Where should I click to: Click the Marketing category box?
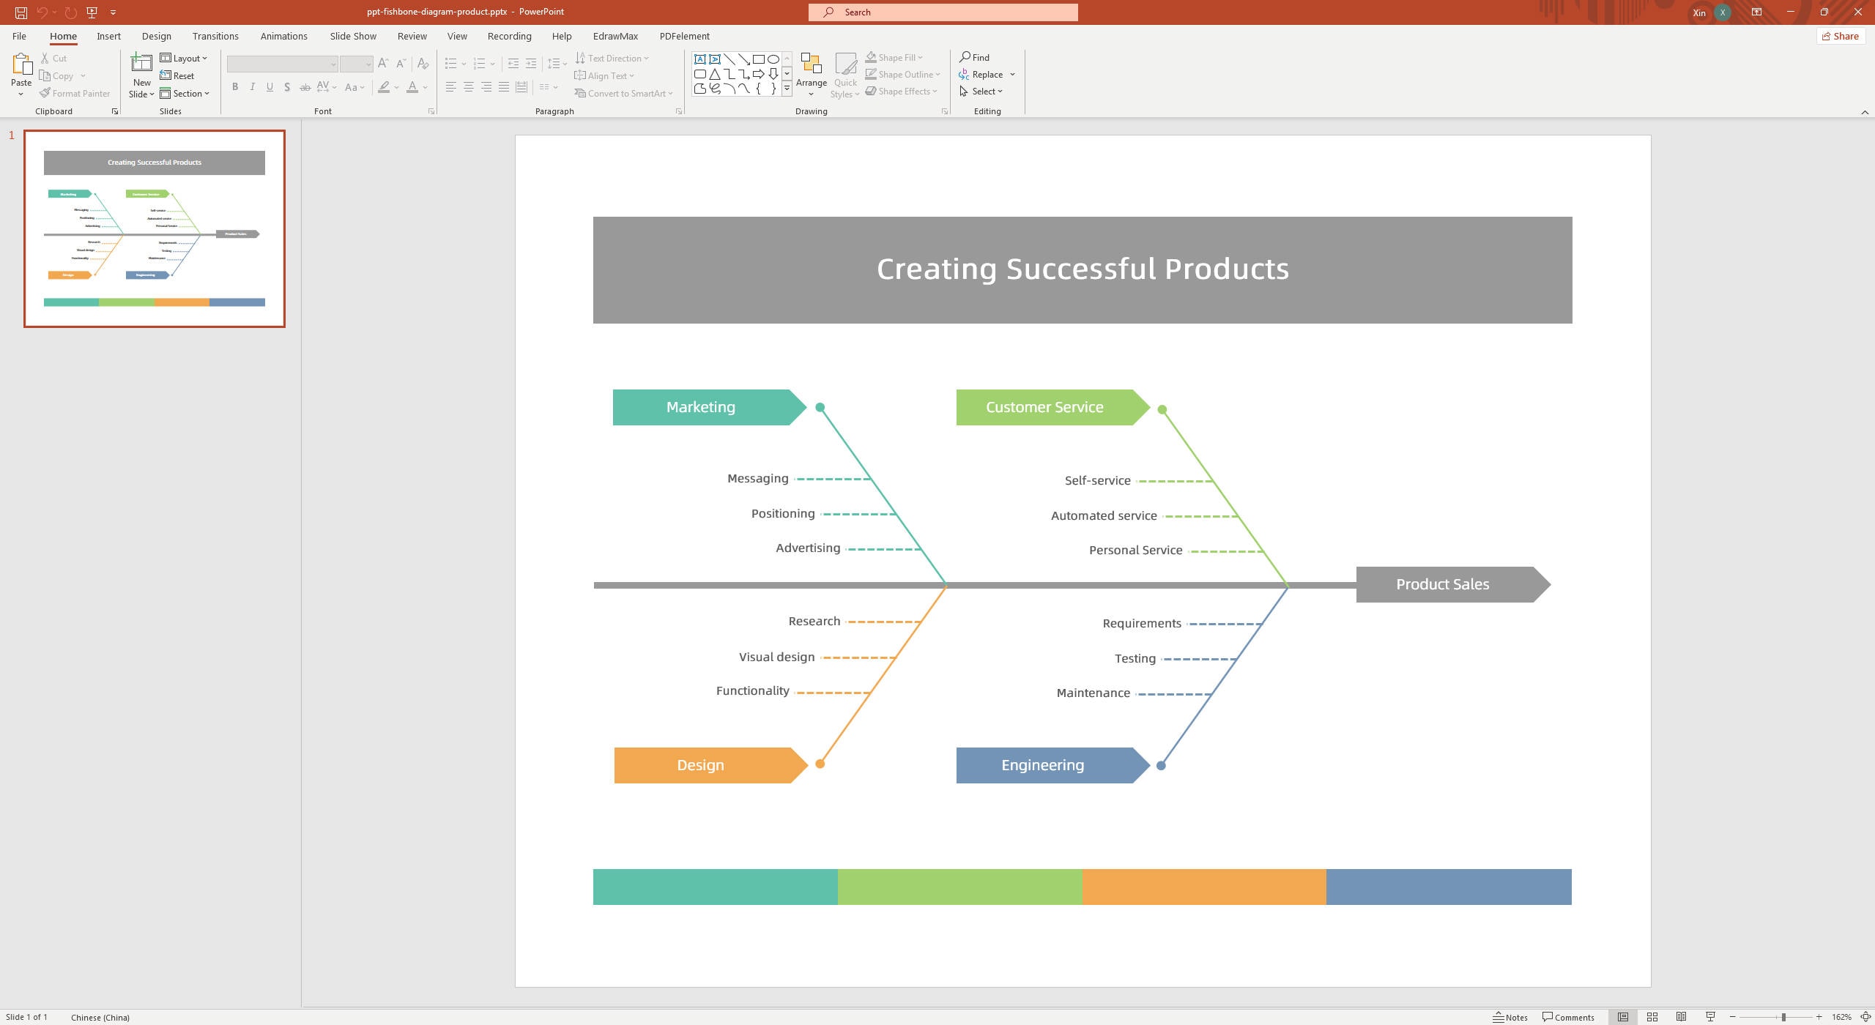(701, 407)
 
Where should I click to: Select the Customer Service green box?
(1044, 407)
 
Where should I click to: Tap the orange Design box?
(701, 765)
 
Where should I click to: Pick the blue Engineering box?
(1043, 765)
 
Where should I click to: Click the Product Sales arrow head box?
(1442, 584)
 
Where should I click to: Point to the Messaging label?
(757, 479)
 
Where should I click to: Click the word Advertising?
(808, 548)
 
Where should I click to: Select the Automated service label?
(1104, 516)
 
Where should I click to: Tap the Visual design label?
(776, 657)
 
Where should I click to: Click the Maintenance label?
(1093, 693)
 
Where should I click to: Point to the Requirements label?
(1142, 624)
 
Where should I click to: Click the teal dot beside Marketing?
(820, 408)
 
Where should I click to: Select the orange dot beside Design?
(820, 764)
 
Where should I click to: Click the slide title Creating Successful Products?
(1083, 269)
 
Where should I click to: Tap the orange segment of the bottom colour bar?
(1204, 887)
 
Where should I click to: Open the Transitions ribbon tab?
(215, 36)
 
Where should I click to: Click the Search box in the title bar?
(943, 12)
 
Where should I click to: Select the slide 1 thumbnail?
(155, 228)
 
